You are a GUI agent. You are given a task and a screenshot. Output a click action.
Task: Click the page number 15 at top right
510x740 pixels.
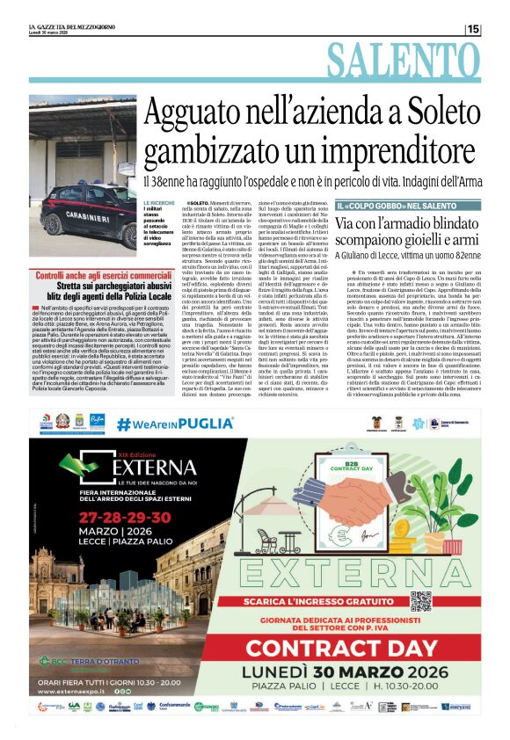(474, 30)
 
